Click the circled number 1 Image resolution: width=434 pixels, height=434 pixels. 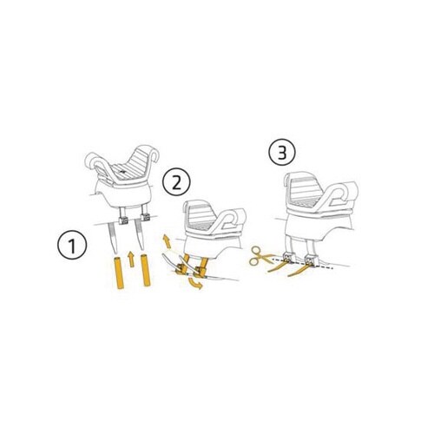point(72,245)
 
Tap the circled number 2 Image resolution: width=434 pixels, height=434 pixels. point(176,182)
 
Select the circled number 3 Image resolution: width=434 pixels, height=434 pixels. point(282,153)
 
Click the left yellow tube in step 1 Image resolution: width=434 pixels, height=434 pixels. point(119,273)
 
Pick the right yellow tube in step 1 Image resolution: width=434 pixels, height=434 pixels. point(145,270)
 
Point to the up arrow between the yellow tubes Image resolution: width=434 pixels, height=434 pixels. point(131,259)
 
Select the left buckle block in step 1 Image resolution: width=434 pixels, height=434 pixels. point(123,220)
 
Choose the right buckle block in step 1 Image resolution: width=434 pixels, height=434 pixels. point(145,217)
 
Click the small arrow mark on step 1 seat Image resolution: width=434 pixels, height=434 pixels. point(123,172)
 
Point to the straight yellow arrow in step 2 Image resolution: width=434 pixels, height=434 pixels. point(167,241)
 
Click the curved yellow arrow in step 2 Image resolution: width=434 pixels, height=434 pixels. point(195,283)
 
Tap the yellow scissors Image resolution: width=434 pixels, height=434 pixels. point(260,255)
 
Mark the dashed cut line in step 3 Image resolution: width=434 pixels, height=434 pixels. point(302,263)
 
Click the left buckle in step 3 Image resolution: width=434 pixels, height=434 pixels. point(289,257)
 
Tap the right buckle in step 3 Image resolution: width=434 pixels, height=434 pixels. point(312,260)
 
